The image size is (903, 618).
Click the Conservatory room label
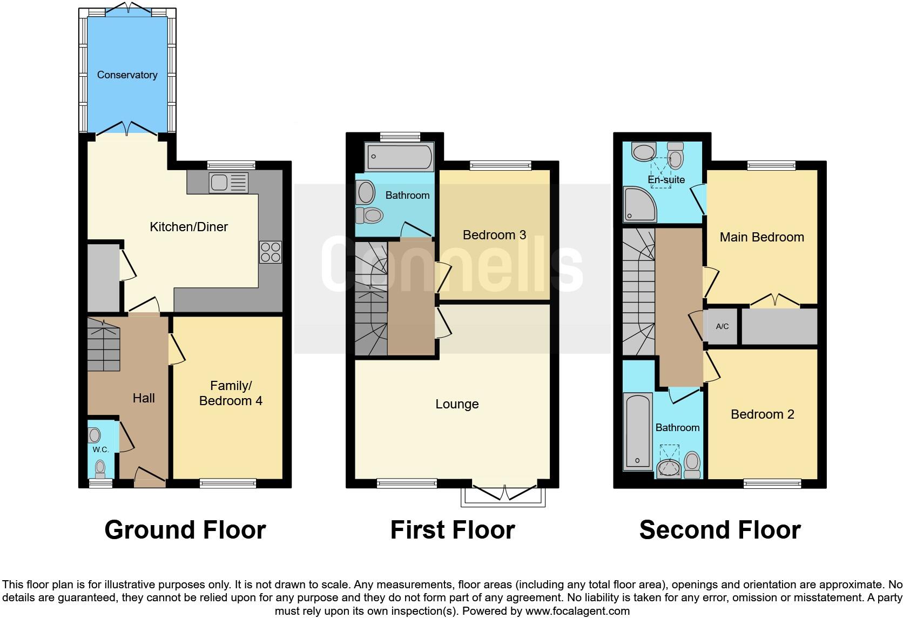click(x=127, y=75)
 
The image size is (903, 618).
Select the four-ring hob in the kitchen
click(x=271, y=252)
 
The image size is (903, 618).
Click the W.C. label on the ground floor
click(x=100, y=449)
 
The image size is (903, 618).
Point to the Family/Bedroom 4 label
click(x=231, y=393)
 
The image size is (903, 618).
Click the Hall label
click(x=144, y=399)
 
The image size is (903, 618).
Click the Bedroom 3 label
click(x=494, y=235)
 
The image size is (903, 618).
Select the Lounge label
click(x=457, y=405)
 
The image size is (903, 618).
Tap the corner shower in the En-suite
click(x=639, y=204)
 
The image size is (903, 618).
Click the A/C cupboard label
click(x=722, y=327)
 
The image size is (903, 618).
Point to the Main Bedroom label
click(x=762, y=237)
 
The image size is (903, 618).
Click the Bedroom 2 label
click(x=762, y=414)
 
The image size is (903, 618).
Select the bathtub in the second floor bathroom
click(x=638, y=430)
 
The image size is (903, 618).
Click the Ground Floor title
click(x=185, y=530)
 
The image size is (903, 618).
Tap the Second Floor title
click(x=719, y=530)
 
